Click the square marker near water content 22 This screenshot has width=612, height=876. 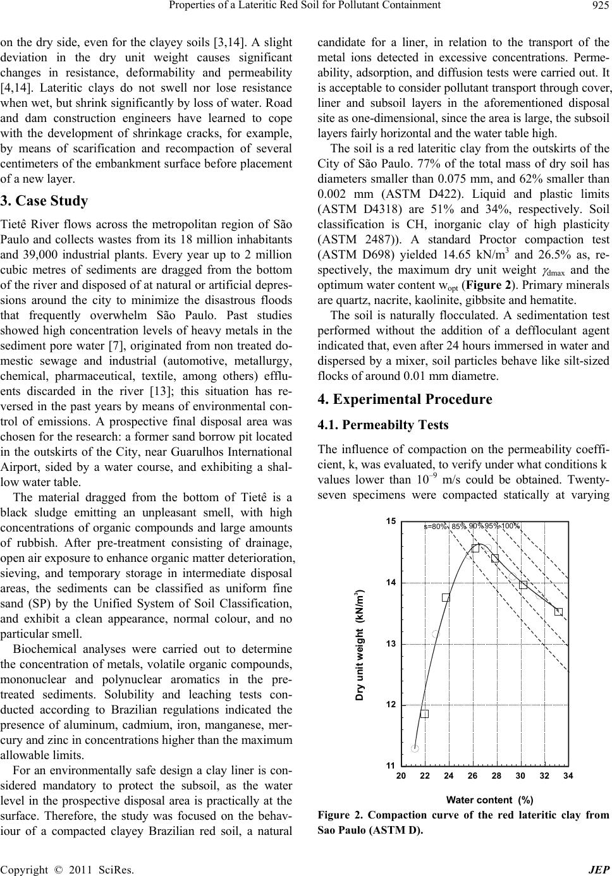click(424, 714)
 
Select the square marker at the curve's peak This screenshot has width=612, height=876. click(475, 548)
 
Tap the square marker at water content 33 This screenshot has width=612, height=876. click(558, 611)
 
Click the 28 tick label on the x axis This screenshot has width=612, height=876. click(496, 776)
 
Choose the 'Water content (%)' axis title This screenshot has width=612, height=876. click(489, 800)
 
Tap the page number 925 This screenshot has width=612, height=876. click(599, 6)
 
